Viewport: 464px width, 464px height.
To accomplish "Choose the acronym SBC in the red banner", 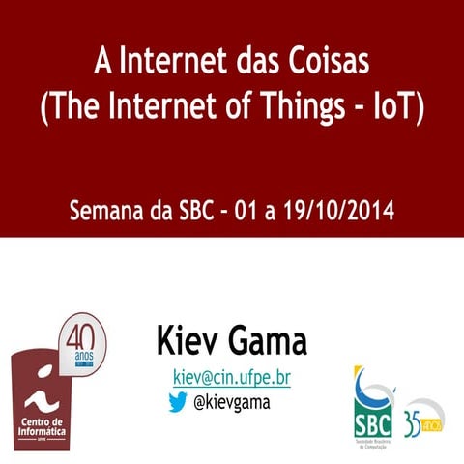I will coord(197,210).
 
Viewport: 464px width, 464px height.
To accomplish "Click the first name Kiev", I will coord(188,340).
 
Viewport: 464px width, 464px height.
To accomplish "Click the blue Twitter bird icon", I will coord(177,401).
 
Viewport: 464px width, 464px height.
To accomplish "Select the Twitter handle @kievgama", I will coord(232,401).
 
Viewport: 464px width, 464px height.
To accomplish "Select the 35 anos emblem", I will coord(423,418).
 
